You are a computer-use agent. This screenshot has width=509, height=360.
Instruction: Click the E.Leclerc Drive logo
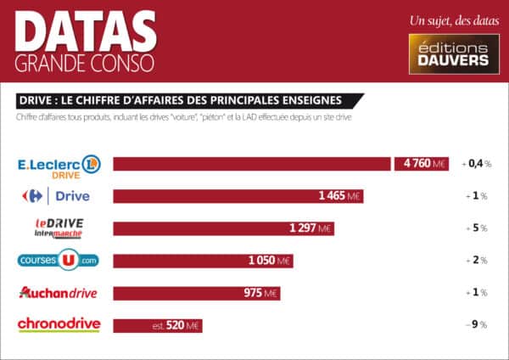(x=59, y=165)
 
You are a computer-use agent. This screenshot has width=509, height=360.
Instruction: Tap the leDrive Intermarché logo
(x=59, y=228)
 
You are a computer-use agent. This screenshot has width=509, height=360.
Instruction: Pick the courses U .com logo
(x=59, y=260)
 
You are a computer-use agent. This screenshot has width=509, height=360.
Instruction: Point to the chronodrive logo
(x=59, y=324)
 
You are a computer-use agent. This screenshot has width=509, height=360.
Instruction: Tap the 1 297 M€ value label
(x=310, y=228)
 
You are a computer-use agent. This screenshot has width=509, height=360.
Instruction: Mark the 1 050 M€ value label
(x=270, y=261)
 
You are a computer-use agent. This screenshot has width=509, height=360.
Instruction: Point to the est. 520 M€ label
(x=176, y=325)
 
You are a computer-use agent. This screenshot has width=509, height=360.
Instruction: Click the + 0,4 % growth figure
(x=477, y=164)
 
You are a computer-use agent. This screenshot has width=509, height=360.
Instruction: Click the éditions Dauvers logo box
(x=450, y=53)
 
